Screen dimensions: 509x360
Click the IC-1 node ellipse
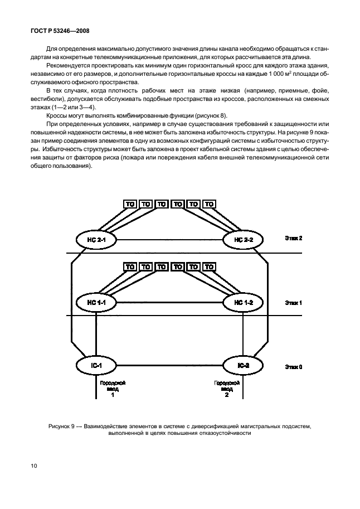(x=96, y=365)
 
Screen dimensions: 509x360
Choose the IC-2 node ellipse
(x=244, y=365)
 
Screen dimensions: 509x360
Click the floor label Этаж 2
(x=293, y=238)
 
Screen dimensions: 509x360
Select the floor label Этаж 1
(x=293, y=303)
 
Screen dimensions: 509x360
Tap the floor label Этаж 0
(x=293, y=367)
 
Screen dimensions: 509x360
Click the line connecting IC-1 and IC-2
(x=170, y=365)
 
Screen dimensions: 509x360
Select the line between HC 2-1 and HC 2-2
(x=170, y=239)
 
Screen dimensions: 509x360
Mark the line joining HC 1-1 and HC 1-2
(x=170, y=302)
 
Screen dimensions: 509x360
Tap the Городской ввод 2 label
(x=227, y=389)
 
